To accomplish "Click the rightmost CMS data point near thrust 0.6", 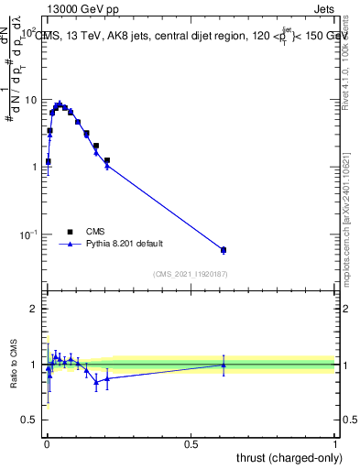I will [x=224, y=250].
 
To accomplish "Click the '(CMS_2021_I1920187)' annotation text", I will [x=191, y=273].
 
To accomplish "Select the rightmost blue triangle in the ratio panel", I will [x=224, y=365].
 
